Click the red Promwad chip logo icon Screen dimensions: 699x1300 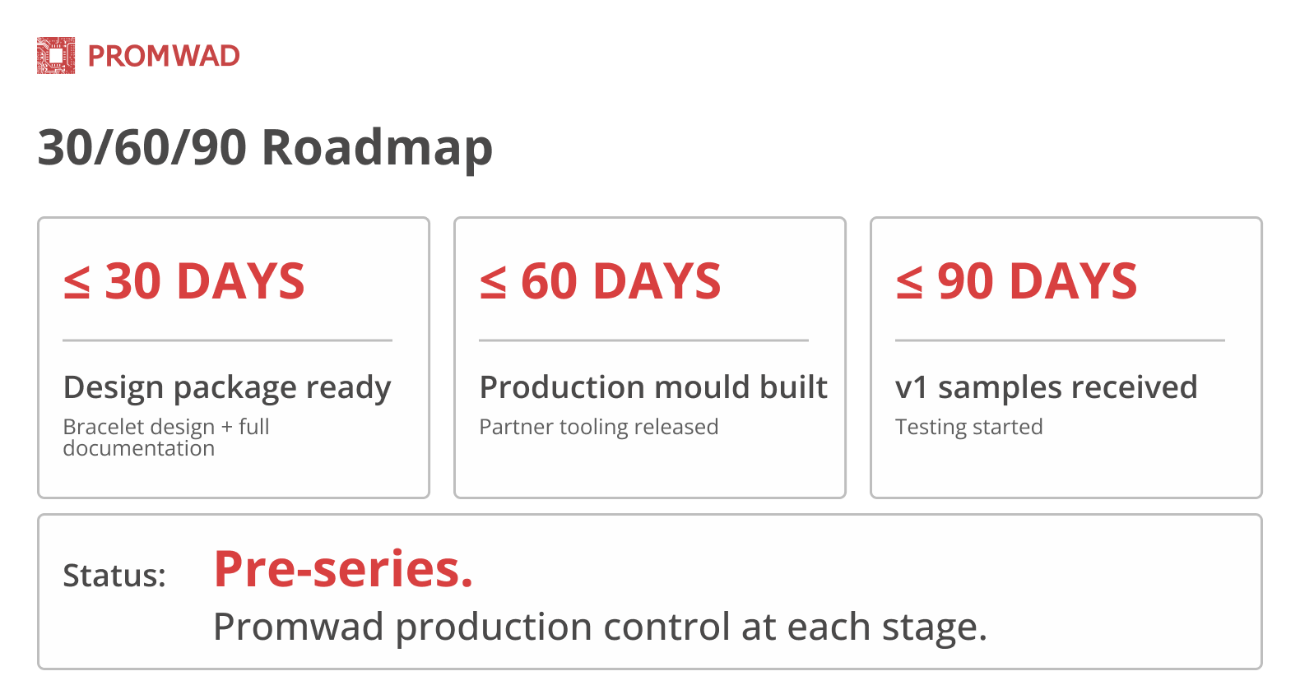point(56,56)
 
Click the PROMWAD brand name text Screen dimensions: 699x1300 point(164,56)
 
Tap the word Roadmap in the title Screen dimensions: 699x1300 point(377,148)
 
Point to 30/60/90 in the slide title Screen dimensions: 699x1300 point(142,148)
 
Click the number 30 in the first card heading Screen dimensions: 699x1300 point(133,281)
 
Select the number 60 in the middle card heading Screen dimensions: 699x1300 point(549,281)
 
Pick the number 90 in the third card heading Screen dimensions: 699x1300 point(965,281)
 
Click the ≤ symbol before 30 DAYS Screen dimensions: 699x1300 point(77,283)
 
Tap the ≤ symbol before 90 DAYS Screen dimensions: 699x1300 point(909,283)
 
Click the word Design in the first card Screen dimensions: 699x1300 point(114,388)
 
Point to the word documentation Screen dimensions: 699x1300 point(138,448)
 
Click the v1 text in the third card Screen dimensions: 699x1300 point(911,388)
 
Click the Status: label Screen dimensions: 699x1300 point(114,576)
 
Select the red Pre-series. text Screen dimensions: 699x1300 point(343,569)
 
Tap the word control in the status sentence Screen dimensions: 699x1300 point(667,627)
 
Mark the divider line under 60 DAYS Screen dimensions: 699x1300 point(643,340)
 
